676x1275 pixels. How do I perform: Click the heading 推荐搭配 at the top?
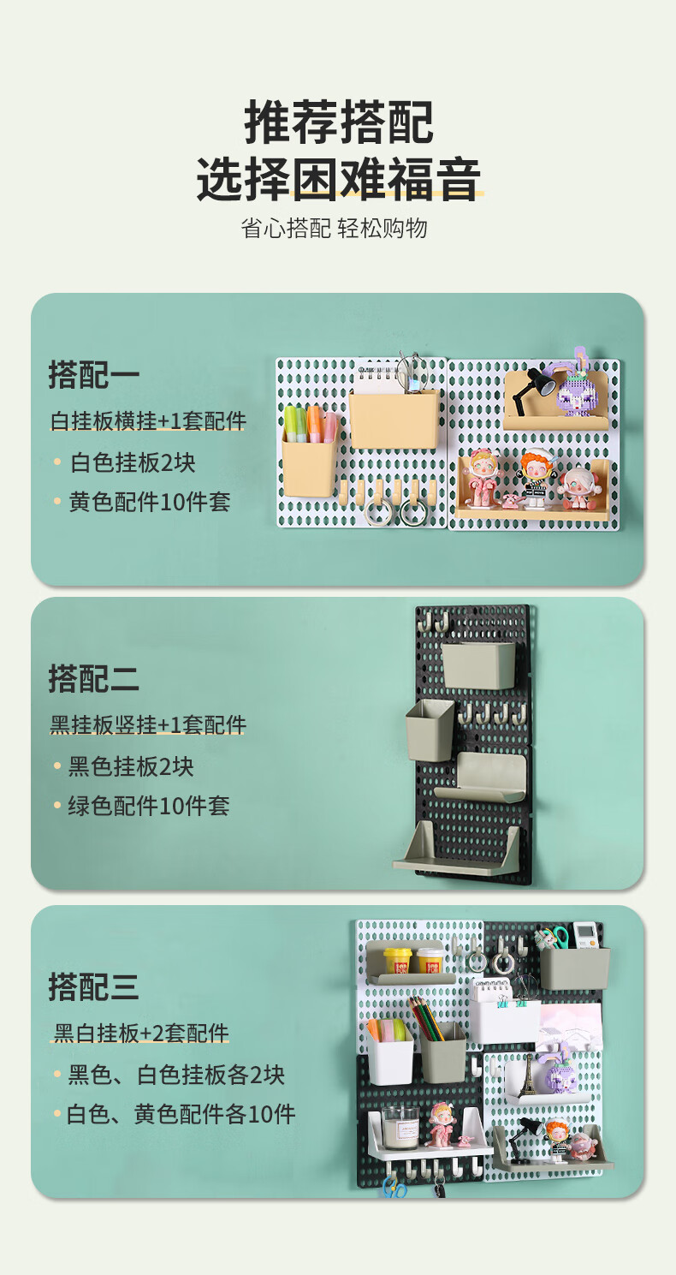tap(339, 122)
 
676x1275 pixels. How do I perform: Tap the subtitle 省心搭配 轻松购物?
tap(334, 229)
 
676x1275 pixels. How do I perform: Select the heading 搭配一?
tap(94, 375)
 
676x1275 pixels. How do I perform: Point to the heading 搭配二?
tap(94, 678)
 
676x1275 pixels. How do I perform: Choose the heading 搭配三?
tap(94, 987)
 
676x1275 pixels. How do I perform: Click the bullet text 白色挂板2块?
tap(133, 462)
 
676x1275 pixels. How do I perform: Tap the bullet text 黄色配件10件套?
tap(150, 502)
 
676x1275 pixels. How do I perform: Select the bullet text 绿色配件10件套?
tap(149, 806)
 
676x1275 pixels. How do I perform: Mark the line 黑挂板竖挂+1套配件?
tap(148, 725)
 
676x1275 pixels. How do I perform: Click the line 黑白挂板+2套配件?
tap(141, 1033)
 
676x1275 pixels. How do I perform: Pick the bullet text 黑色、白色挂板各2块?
tap(176, 1075)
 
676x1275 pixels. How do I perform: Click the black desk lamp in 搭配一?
tap(533, 390)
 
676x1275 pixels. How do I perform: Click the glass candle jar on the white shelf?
tap(400, 1127)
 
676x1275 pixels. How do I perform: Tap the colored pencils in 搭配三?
tap(428, 1020)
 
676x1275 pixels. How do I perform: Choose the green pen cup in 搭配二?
tap(430, 730)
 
